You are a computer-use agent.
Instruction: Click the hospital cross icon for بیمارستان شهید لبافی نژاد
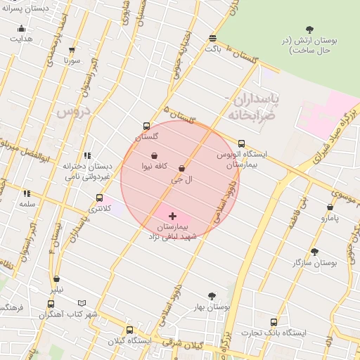click(x=172, y=216)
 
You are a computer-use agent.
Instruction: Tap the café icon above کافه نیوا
click(x=154, y=155)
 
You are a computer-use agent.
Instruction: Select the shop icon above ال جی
click(x=182, y=169)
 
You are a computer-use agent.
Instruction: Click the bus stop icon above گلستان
click(x=146, y=126)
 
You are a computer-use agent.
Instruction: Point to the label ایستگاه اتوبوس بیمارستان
click(x=241, y=158)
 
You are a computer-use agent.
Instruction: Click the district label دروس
click(x=73, y=112)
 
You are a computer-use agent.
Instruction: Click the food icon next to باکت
click(x=212, y=38)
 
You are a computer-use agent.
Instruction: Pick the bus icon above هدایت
click(x=21, y=29)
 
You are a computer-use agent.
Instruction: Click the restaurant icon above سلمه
click(x=27, y=193)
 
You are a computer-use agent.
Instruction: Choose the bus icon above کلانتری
click(x=98, y=198)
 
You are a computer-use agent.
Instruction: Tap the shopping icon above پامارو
click(x=330, y=207)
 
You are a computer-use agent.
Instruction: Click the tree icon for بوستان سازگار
click(x=314, y=251)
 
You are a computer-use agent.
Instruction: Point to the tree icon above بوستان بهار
click(x=212, y=296)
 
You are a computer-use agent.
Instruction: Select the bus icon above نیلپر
click(x=56, y=279)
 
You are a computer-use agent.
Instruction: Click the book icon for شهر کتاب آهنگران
click(x=82, y=303)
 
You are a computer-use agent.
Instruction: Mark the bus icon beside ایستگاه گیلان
click(x=129, y=330)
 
